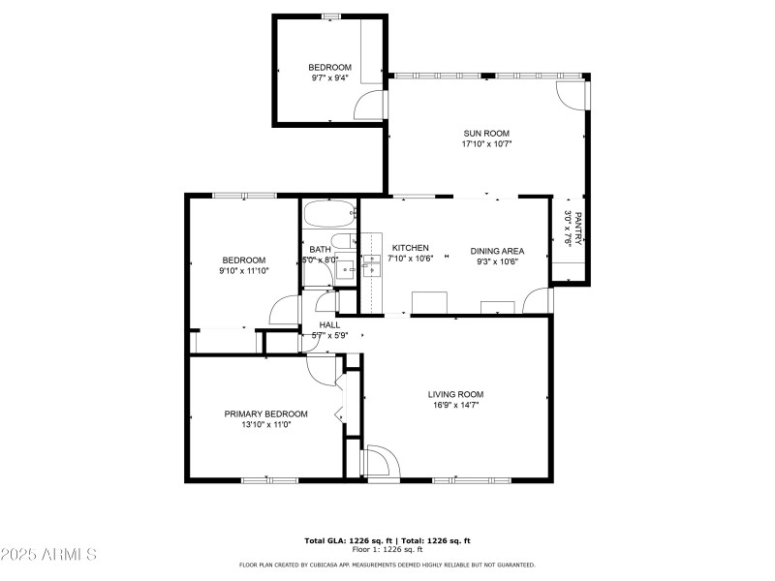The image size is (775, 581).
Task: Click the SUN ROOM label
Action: [x=486, y=134]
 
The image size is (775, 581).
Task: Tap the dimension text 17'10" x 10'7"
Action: [x=486, y=144]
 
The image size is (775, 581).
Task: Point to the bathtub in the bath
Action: [x=329, y=213]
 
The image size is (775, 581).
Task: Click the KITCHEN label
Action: [x=410, y=249]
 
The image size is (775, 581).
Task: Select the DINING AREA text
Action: [x=497, y=251]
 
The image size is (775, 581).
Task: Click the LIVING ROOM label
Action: [x=455, y=394]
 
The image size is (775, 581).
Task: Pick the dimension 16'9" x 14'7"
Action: [x=455, y=405]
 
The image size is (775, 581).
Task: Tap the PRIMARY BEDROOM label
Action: [x=265, y=413]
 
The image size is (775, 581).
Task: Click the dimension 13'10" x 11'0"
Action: [x=265, y=424]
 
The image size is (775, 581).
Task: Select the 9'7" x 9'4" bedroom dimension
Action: [x=330, y=78]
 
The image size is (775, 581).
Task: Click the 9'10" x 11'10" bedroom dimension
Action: [x=243, y=271]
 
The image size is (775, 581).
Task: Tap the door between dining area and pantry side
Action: [x=537, y=302]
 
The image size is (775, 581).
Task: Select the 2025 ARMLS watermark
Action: [x=48, y=555]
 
